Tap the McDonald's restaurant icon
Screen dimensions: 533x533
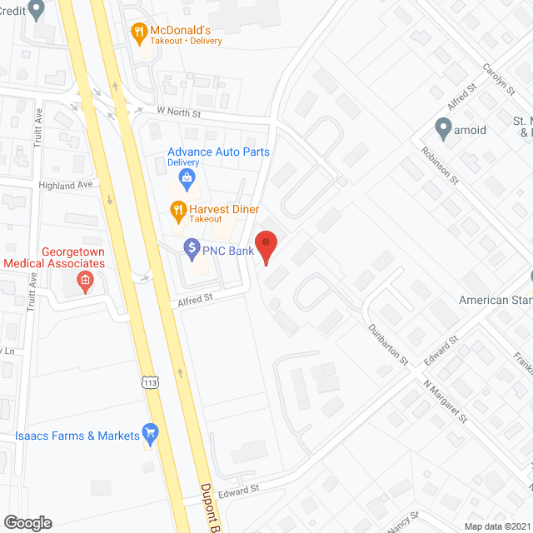click(139, 32)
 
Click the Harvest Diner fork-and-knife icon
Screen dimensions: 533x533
click(177, 209)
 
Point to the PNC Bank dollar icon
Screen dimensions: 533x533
click(192, 247)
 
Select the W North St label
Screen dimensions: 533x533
click(179, 110)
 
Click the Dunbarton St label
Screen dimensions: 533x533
click(389, 345)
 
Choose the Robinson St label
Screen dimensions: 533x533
click(440, 164)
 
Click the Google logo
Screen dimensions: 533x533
click(27, 522)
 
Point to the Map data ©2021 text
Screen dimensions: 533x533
click(496, 526)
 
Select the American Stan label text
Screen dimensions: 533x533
click(496, 300)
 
